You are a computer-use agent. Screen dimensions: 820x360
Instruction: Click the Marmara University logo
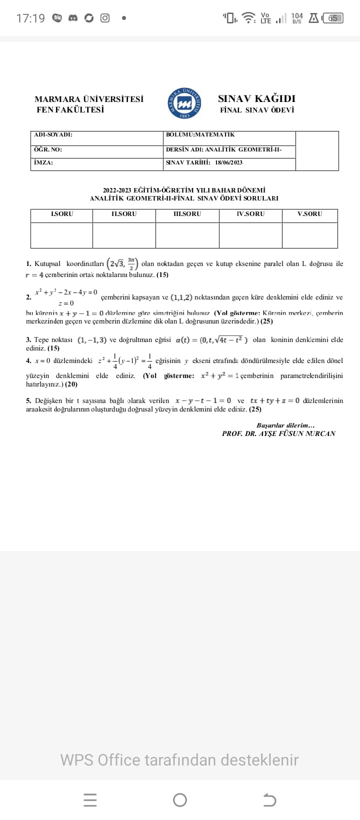pyautogui.click(x=185, y=102)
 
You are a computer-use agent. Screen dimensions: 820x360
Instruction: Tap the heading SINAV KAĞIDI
pyautogui.click(x=256, y=98)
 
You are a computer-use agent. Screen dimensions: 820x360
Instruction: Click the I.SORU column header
pyautogui.click(x=62, y=214)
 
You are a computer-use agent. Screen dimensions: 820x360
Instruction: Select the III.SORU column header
pyautogui.click(x=187, y=214)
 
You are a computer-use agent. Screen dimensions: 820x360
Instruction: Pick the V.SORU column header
pyautogui.click(x=310, y=214)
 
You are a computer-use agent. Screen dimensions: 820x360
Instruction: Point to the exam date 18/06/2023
pyautogui.click(x=229, y=162)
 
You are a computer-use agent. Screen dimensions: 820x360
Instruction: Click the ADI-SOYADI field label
pyautogui.click(x=53, y=135)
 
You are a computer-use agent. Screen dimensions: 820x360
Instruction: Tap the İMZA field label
pyautogui.click(x=43, y=162)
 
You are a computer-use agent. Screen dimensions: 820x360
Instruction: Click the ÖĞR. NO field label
pyautogui.click(x=48, y=149)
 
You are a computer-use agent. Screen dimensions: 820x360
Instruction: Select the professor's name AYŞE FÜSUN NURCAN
pyautogui.click(x=297, y=433)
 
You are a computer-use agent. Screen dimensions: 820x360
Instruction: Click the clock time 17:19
pyautogui.click(x=30, y=18)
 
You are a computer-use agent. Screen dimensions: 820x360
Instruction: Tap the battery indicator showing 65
pyautogui.click(x=332, y=18)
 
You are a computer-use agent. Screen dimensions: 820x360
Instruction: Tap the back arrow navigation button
pyautogui.click(x=269, y=800)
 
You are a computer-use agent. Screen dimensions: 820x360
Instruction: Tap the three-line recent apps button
pyautogui.click(x=90, y=800)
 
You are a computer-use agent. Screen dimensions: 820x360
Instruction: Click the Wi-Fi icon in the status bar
pyautogui.click(x=248, y=18)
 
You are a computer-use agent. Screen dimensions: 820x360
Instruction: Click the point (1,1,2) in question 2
pyautogui.click(x=181, y=297)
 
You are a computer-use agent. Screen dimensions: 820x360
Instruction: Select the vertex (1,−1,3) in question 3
pyautogui.click(x=92, y=340)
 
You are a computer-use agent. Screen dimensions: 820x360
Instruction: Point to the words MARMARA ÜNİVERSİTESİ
pyautogui.click(x=89, y=99)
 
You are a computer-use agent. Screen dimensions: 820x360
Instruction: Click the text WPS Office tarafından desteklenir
pyautogui.click(x=179, y=760)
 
